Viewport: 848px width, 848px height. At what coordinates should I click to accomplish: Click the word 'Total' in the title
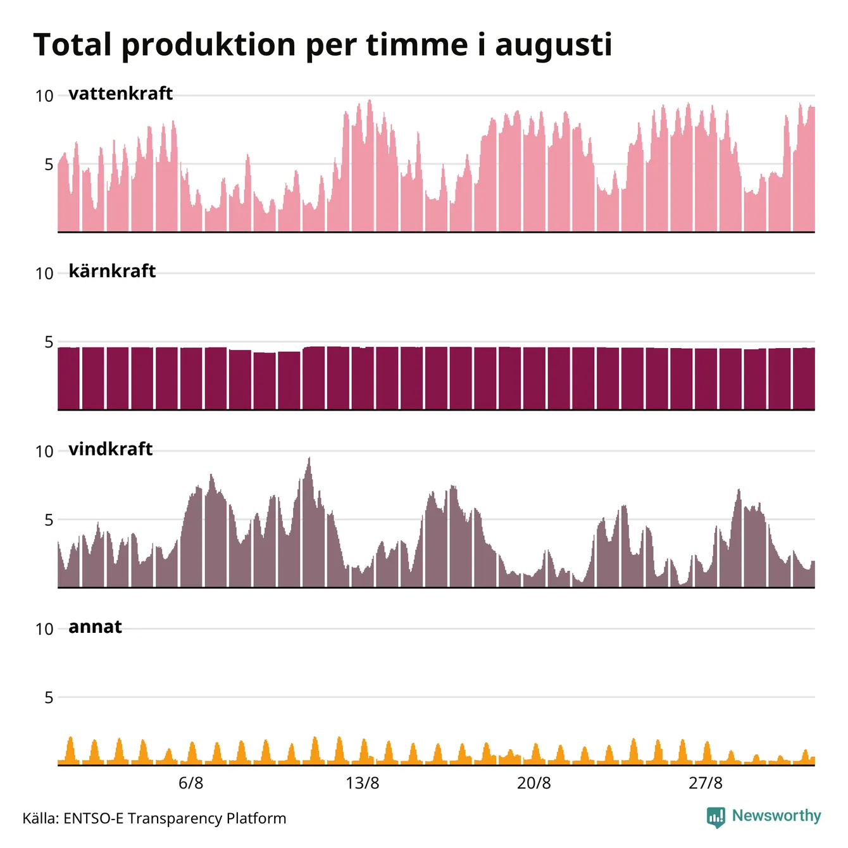pyautogui.click(x=72, y=44)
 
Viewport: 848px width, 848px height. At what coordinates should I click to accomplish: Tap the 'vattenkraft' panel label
pyautogui.click(x=121, y=94)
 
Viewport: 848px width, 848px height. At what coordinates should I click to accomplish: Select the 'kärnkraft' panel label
pyautogui.click(x=112, y=271)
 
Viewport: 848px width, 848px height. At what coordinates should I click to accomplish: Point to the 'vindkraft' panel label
pyautogui.click(x=111, y=449)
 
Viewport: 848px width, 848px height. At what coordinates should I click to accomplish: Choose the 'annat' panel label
pyautogui.click(x=95, y=627)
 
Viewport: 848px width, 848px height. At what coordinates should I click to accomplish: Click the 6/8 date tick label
pyautogui.click(x=191, y=783)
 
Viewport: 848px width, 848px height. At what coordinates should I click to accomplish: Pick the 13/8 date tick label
pyautogui.click(x=362, y=783)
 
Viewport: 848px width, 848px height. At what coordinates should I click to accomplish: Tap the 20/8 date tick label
pyautogui.click(x=533, y=783)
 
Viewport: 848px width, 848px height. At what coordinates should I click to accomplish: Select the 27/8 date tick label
pyautogui.click(x=706, y=783)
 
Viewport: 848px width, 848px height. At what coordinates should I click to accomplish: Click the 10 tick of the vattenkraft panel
pyautogui.click(x=44, y=96)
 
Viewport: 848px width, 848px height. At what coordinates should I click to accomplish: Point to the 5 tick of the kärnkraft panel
pyautogui.click(x=49, y=342)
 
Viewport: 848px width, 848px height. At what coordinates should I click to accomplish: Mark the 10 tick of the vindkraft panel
pyautogui.click(x=44, y=451)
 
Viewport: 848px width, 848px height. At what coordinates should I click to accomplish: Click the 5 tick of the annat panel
pyautogui.click(x=49, y=698)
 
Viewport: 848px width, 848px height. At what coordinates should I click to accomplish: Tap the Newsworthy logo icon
pyautogui.click(x=716, y=818)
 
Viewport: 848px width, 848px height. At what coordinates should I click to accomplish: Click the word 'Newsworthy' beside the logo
pyautogui.click(x=776, y=816)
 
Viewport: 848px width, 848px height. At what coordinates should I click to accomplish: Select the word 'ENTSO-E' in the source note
pyautogui.click(x=94, y=818)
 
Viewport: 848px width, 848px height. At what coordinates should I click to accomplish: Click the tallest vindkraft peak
pyautogui.click(x=309, y=458)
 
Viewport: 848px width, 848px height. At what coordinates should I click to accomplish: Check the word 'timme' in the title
pyautogui.click(x=416, y=44)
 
